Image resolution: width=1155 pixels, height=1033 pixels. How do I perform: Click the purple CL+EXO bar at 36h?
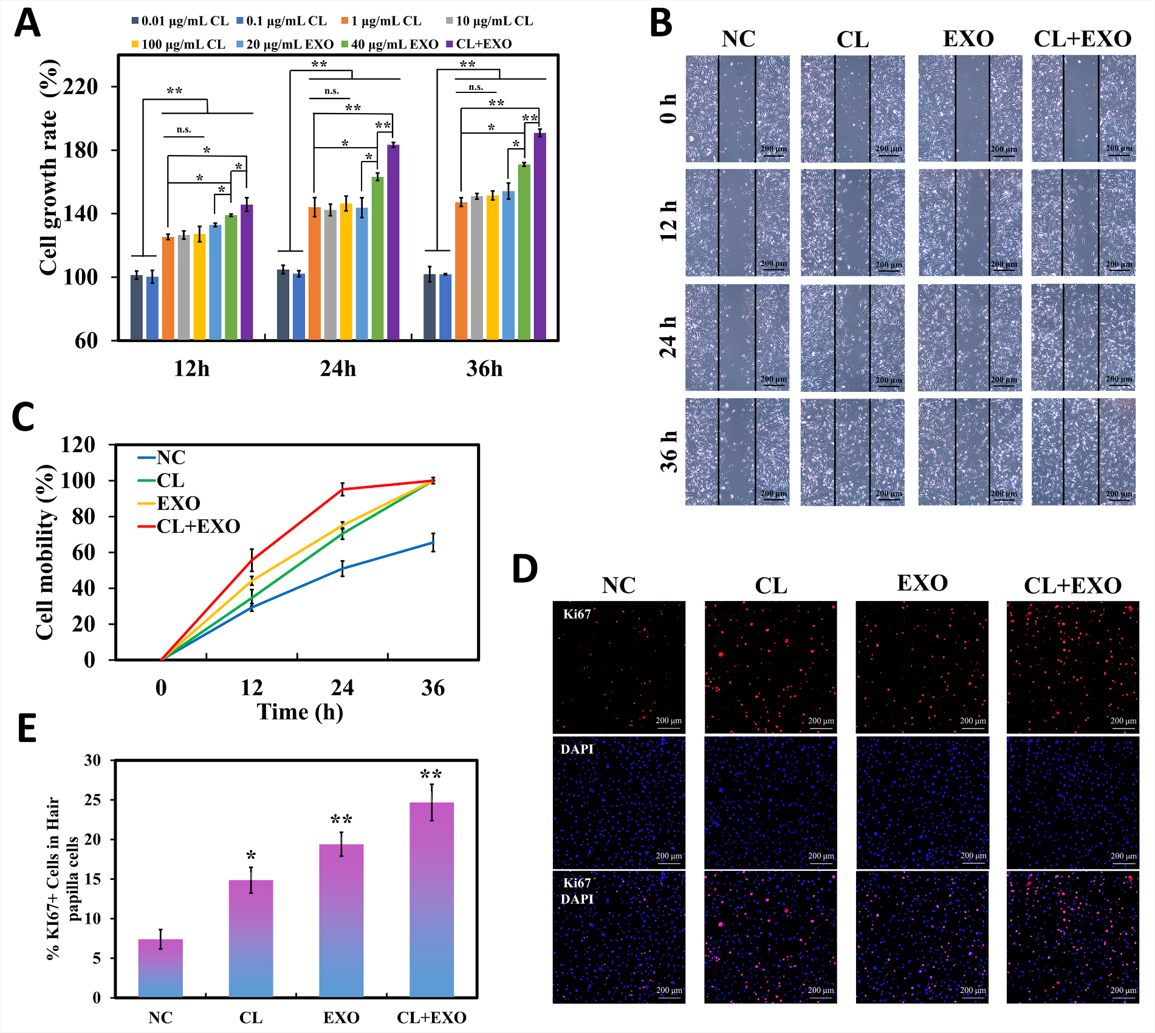coord(540,237)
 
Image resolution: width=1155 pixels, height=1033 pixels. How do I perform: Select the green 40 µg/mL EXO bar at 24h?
coord(377,258)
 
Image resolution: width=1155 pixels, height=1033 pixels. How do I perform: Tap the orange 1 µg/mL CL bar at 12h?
coord(168,288)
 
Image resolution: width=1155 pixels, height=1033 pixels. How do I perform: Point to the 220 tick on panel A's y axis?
coord(81,87)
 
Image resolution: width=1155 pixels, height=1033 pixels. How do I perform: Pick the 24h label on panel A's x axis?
coord(338,369)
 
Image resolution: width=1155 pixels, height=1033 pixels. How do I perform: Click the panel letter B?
coord(661,24)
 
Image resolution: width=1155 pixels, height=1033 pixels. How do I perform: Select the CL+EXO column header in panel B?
coord(1082,39)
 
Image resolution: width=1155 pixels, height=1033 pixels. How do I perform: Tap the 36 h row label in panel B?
coord(669,451)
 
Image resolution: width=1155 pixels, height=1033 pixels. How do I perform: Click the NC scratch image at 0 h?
coord(738,109)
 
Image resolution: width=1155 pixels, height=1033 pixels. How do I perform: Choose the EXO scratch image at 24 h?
coord(970,337)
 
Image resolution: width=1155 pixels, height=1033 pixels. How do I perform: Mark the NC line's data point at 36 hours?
coord(433,542)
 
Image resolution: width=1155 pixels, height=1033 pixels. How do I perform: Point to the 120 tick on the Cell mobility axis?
coord(78,445)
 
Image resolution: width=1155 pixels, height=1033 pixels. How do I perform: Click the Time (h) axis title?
coord(300,712)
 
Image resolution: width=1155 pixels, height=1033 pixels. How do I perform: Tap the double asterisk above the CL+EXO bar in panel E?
coord(431,774)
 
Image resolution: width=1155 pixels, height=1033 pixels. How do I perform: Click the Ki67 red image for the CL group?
coord(770,667)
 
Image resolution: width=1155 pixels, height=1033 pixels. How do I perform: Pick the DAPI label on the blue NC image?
coord(577,749)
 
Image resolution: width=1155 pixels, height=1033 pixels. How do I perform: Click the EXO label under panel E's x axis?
coord(341,1018)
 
